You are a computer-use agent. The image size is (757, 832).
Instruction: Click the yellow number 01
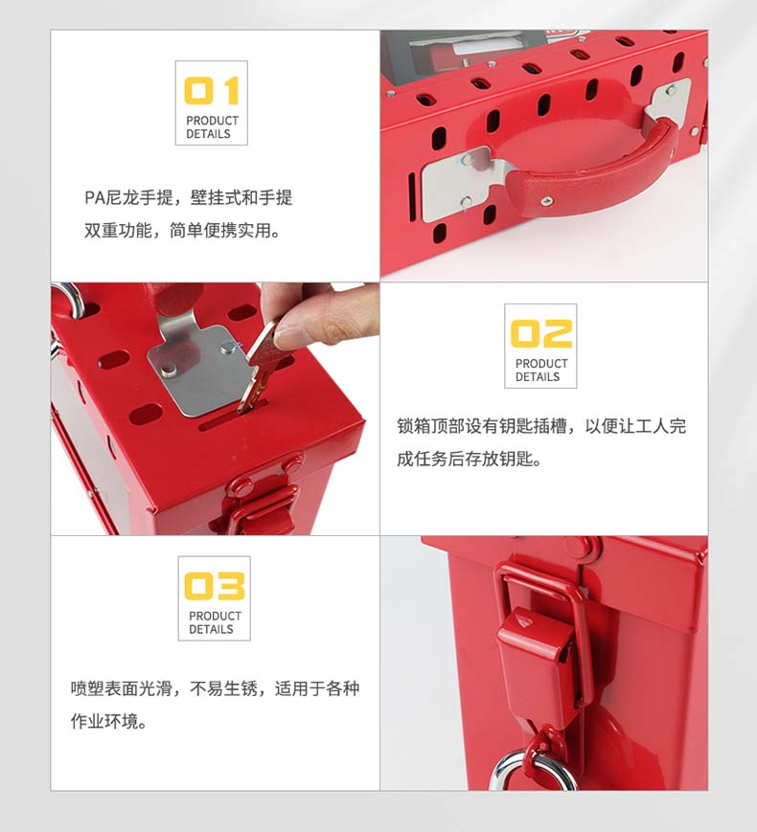click(x=212, y=91)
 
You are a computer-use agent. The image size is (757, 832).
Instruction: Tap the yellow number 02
click(x=540, y=334)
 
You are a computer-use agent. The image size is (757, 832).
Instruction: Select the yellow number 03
click(x=214, y=586)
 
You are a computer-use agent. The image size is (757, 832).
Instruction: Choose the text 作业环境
click(x=104, y=721)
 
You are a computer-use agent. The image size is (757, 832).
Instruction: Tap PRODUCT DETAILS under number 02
click(x=541, y=371)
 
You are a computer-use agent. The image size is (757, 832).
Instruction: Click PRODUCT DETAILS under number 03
click(x=215, y=622)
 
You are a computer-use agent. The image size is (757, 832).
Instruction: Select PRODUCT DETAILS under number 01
click(x=212, y=127)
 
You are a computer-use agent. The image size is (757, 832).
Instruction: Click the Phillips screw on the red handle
click(x=546, y=200)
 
